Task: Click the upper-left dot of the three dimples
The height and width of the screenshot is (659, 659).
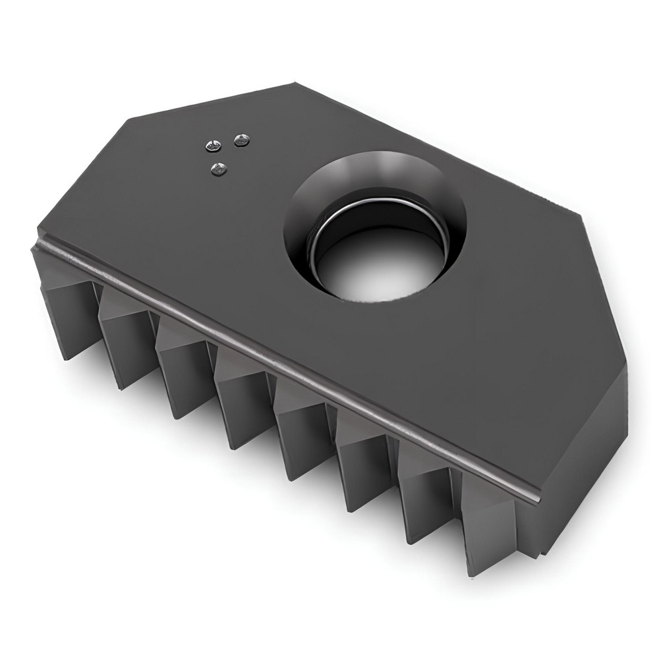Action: pos(214,146)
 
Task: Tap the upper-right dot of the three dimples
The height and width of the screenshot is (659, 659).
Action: pos(243,140)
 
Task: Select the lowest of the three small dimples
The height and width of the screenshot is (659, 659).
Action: pos(219,169)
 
